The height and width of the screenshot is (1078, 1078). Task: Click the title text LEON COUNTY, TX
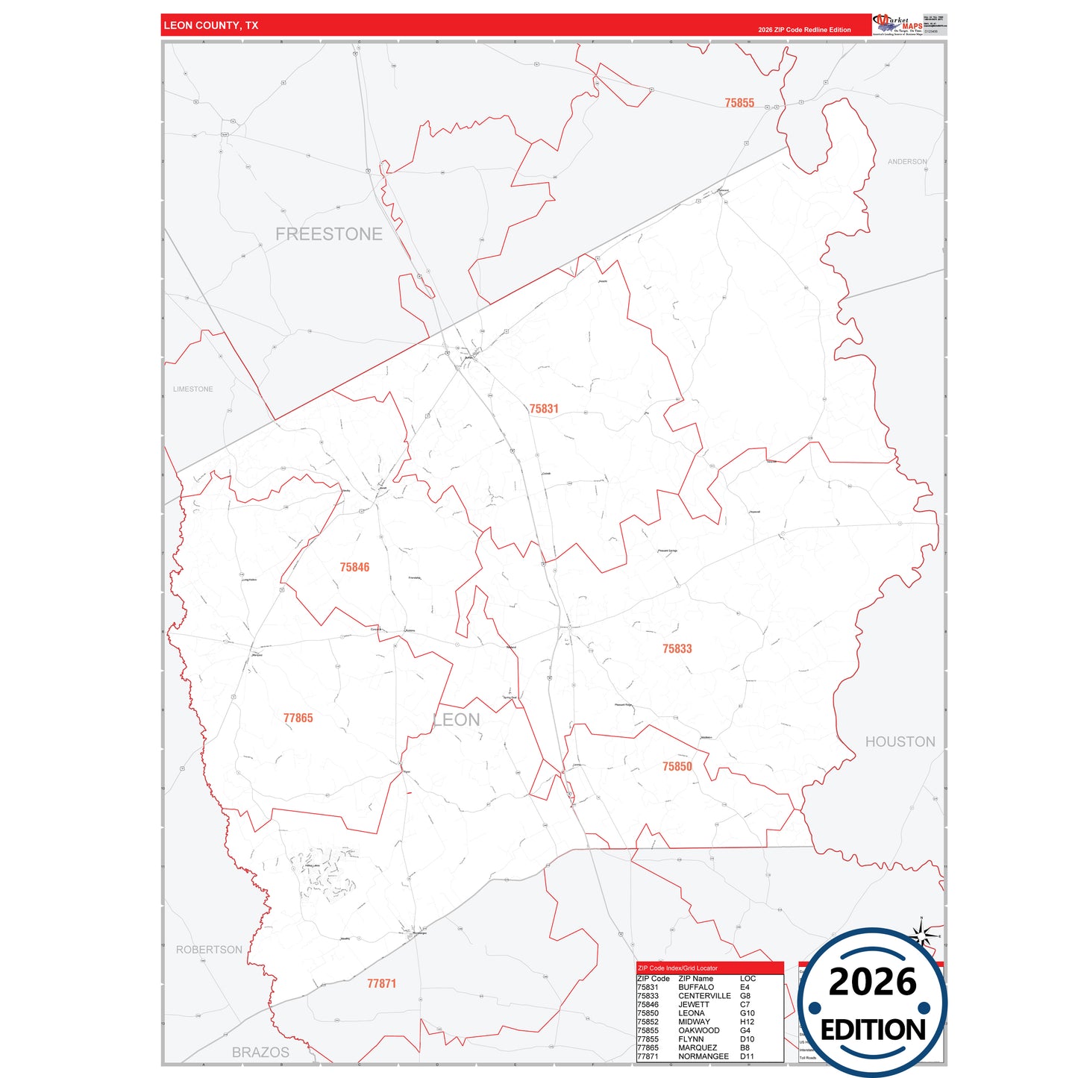click(210, 25)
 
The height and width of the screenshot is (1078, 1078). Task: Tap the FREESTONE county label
click(328, 234)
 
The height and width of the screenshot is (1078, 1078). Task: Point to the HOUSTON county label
click(900, 742)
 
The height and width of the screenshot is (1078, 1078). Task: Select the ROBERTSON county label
click(209, 950)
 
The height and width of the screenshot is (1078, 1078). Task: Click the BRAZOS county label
click(260, 1053)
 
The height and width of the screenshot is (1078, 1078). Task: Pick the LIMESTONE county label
click(192, 389)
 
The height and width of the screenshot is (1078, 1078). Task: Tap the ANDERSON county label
click(907, 162)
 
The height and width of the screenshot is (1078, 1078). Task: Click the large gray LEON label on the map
click(457, 720)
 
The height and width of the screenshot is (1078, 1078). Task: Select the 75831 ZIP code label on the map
click(544, 409)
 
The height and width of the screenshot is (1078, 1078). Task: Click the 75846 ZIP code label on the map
click(354, 568)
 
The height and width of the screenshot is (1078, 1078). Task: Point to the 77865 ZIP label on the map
click(298, 718)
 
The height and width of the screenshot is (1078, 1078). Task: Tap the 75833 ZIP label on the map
click(677, 649)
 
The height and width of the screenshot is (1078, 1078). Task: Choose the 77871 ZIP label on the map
click(381, 984)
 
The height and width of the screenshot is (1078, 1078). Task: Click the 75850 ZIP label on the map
click(677, 767)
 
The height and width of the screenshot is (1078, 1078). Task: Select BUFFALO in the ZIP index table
click(695, 987)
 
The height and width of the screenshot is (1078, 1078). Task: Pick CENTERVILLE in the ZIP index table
click(704, 996)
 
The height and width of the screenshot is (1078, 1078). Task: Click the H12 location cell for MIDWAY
click(747, 1022)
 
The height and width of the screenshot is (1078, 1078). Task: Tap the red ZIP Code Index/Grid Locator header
click(709, 968)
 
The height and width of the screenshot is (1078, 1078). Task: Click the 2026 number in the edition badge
click(872, 982)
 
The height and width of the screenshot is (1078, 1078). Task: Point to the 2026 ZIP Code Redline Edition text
click(804, 30)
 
